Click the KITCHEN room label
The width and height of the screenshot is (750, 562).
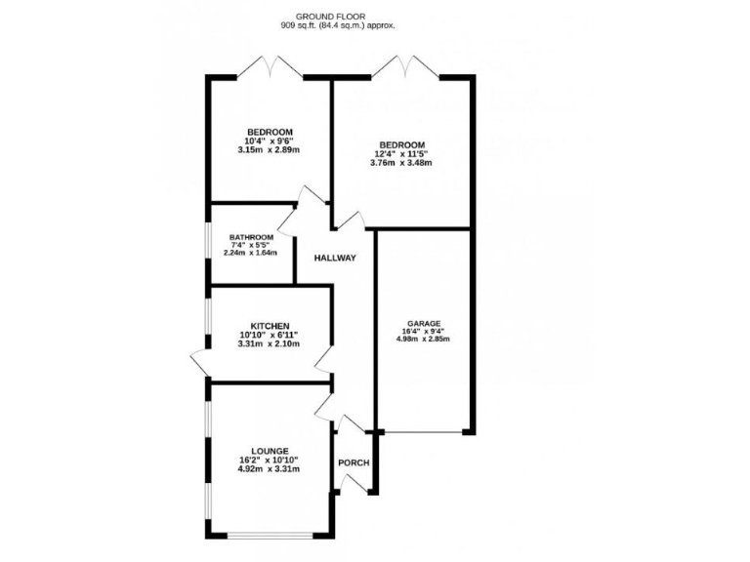[270, 326]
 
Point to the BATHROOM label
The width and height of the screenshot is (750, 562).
[251, 237]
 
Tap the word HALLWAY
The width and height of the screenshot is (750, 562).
[335, 259]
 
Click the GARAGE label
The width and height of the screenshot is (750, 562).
[426, 323]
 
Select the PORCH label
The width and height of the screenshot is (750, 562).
[354, 462]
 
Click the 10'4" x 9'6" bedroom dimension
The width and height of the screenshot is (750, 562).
[269, 141]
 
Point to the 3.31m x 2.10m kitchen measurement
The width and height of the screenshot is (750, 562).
[269, 345]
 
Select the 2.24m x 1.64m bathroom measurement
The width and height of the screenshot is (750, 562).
[251, 253]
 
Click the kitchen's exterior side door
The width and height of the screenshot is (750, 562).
[201, 364]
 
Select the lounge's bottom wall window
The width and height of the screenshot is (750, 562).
[270, 535]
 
